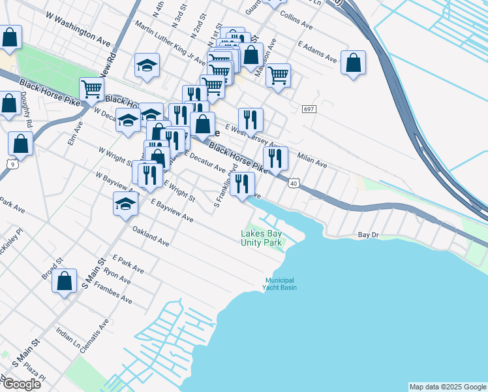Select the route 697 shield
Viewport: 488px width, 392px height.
[309, 109]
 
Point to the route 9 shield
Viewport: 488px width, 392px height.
[13, 164]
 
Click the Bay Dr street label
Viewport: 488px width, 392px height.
[369, 235]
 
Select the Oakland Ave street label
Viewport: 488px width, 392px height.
[151, 237]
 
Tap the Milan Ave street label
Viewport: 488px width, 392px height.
[312, 160]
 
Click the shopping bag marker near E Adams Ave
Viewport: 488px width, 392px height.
[353, 63]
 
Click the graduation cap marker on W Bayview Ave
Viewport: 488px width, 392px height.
[125, 204]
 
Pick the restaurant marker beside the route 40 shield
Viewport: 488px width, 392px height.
[275, 158]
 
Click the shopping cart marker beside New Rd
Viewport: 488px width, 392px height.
[92, 89]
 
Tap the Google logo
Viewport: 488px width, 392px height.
[22, 384]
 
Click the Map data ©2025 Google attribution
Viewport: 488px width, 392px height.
[447, 387]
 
